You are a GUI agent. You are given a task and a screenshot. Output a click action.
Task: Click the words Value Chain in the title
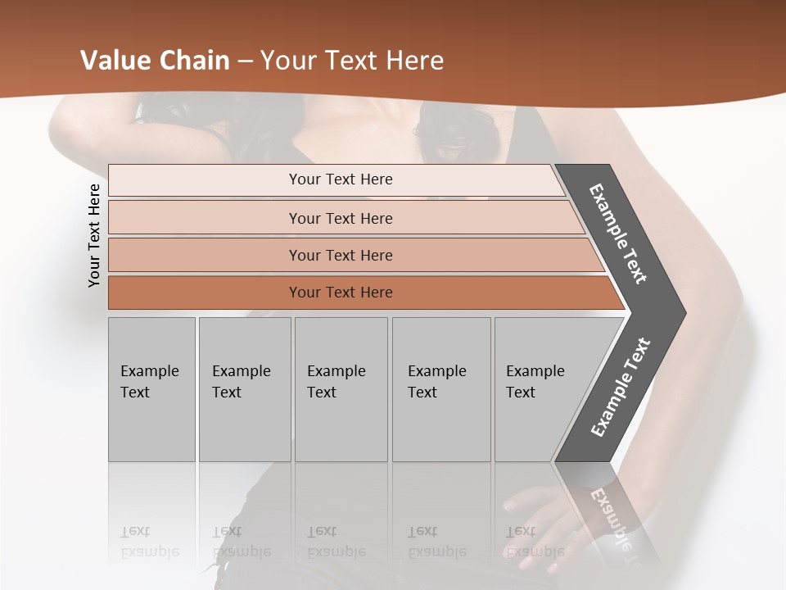pyautogui.click(x=155, y=61)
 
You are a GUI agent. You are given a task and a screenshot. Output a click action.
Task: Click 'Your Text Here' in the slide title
pyautogui.click(x=352, y=61)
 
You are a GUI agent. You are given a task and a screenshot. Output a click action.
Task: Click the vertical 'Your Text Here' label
pyautogui.click(x=94, y=235)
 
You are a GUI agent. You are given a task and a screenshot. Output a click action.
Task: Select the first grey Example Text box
pyautogui.click(x=151, y=389)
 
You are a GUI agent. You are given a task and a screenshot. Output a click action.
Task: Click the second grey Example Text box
pyautogui.click(x=244, y=389)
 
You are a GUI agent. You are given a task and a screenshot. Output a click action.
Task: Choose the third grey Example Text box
pyautogui.click(x=341, y=389)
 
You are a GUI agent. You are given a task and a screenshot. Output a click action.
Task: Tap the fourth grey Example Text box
pyautogui.click(x=440, y=389)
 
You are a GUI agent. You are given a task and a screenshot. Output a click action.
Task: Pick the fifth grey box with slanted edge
pyautogui.click(x=540, y=389)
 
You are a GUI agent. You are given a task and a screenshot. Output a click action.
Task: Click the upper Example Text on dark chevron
pyautogui.click(x=618, y=234)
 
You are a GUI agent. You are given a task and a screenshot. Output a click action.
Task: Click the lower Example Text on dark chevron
pyautogui.click(x=621, y=387)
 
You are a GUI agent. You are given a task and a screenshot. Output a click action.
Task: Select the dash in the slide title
pyautogui.click(x=245, y=61)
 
